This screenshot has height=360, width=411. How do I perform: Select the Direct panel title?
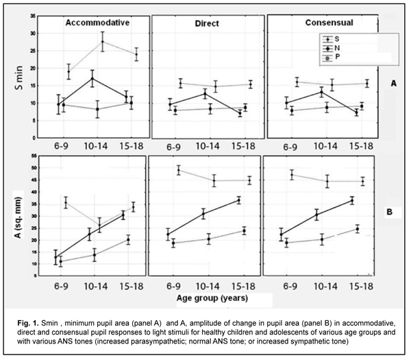(x=206, y=23)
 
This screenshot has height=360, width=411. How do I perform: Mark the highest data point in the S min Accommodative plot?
(x=103, y=42)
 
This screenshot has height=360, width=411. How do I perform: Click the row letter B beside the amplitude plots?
(x=388, y=212)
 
